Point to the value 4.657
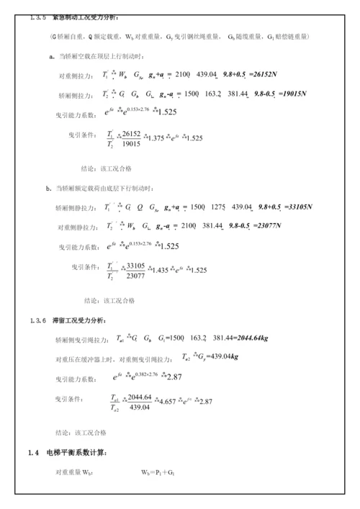click(168, 402)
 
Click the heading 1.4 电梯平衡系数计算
click(67, 453)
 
